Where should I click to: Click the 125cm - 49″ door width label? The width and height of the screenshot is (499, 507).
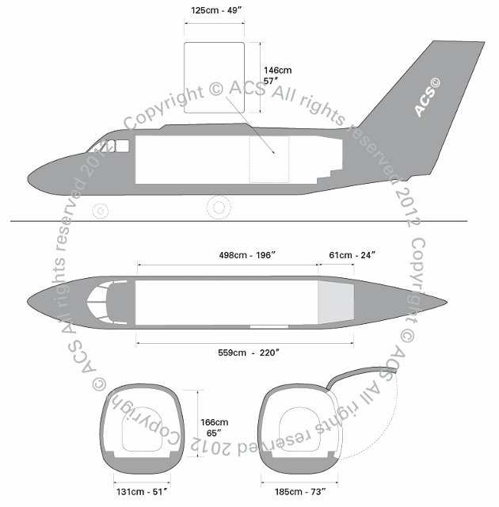click(216, 10)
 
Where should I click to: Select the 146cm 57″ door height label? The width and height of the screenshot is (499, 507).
click(277, 75)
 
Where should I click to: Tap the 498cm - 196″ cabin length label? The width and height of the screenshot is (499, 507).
click(247, 255)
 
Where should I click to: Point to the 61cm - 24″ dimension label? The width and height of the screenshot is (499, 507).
click(352, 255)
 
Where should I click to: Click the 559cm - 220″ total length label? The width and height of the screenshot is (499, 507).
click(249, 352)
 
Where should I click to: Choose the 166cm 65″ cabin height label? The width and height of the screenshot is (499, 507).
click(215, 427)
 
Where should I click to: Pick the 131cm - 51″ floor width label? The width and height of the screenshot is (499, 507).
click(142, 492)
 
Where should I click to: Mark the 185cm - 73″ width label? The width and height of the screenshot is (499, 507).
click(300, 492)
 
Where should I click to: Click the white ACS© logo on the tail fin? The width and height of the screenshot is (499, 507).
click(427, 97)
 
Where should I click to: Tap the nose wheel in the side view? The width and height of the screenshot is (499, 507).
click(101, 212)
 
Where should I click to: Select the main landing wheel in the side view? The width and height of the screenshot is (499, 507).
click(219, 208)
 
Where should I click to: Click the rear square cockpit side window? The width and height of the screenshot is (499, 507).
click(123, 146)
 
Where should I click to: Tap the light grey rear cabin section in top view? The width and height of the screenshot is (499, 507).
click(336, 303)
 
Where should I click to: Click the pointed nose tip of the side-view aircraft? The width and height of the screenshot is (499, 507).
click(28, 179)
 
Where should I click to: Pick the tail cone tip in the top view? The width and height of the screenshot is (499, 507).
click(447, 303)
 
